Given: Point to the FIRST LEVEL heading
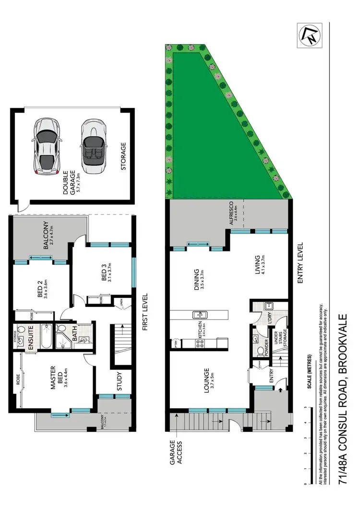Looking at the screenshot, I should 145,312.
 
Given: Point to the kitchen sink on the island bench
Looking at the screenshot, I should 200,315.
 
